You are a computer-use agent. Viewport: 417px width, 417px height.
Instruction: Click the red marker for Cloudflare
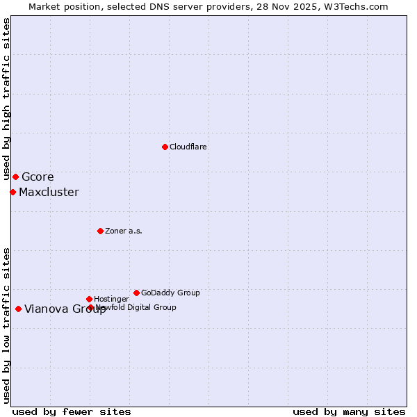pos(165,147)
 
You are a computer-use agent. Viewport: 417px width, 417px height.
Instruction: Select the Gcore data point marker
pos(15,177)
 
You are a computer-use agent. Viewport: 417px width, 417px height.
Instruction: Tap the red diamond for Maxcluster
pos(13,192)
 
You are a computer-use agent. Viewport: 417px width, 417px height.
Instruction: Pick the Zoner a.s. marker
pos(100,231)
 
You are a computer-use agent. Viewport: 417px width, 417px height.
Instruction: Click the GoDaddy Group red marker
pos(136,293)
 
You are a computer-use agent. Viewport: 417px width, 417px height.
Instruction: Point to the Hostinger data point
pos(89,299)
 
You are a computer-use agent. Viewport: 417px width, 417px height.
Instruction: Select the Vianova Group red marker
pos(18,309)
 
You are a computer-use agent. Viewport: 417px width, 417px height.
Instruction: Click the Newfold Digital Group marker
pos(90,307)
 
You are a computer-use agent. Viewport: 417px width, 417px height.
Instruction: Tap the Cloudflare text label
pos(188,147)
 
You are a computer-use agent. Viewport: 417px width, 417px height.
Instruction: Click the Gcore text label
pos(38,177)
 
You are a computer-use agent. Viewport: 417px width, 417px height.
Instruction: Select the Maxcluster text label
pos(49,192)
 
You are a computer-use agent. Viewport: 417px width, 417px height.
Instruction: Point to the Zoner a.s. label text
pos(124,231)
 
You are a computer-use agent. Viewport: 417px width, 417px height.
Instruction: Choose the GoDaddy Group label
pos(170,293)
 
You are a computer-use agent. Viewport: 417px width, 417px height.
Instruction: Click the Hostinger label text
pos(111,299)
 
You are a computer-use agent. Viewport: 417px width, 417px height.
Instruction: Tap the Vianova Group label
pos(65,309)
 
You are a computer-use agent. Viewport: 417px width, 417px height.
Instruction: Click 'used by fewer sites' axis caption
pos(72,411)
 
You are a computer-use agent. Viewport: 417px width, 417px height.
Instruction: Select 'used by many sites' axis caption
pos(349,411)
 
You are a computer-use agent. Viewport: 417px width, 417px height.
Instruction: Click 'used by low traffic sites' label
pos(6,325)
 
